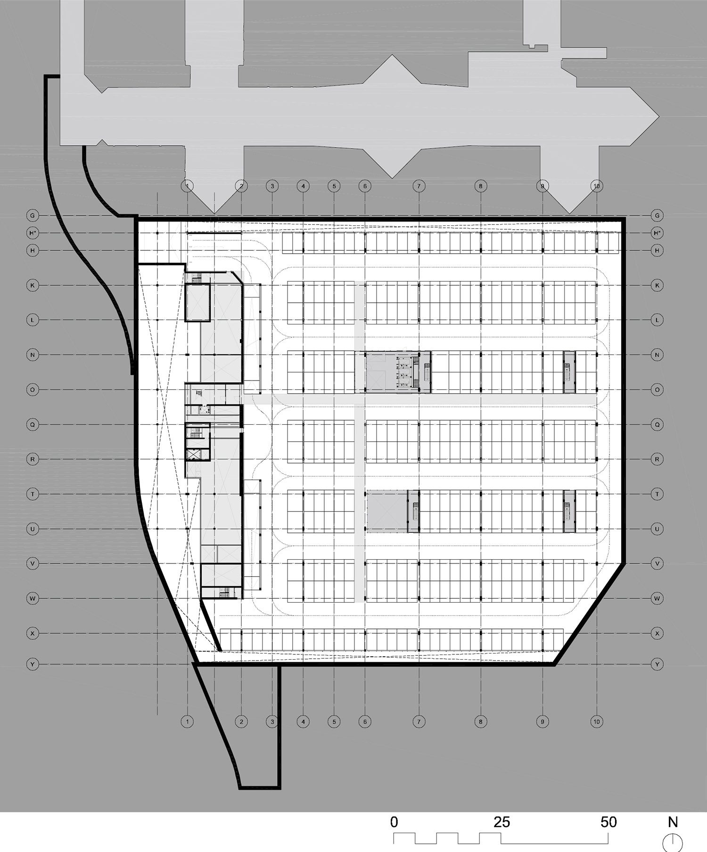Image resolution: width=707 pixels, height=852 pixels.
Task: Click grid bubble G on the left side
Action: (x=33, y=215)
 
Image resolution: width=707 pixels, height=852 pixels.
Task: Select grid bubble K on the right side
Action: (x=657, y=285)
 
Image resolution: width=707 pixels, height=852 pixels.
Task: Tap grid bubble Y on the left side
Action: (x=33, y=664)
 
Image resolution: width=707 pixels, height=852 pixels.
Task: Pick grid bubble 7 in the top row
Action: (x=419, y=186)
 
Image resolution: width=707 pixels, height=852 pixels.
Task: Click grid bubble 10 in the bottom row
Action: (x=597, y=721)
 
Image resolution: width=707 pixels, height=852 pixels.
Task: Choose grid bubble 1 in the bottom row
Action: (x=188, y=721)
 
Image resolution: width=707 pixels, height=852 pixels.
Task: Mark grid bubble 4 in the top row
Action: (x=303, y=186)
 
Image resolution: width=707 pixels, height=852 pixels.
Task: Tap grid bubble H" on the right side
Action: (x=657, y=233)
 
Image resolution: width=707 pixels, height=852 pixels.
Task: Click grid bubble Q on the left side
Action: (x=33, y=424)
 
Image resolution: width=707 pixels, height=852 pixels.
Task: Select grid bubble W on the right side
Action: (x=657, y=598)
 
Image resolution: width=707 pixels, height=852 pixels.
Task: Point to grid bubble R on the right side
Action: (x=657, y=459)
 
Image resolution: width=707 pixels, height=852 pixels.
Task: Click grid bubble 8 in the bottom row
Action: (x=481, y=721)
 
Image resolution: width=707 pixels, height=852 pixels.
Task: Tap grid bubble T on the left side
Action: (x=33, y=494)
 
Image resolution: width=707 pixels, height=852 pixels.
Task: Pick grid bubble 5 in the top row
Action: (x=334, y=186)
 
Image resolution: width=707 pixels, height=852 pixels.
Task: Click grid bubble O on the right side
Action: (x=657, y=389)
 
